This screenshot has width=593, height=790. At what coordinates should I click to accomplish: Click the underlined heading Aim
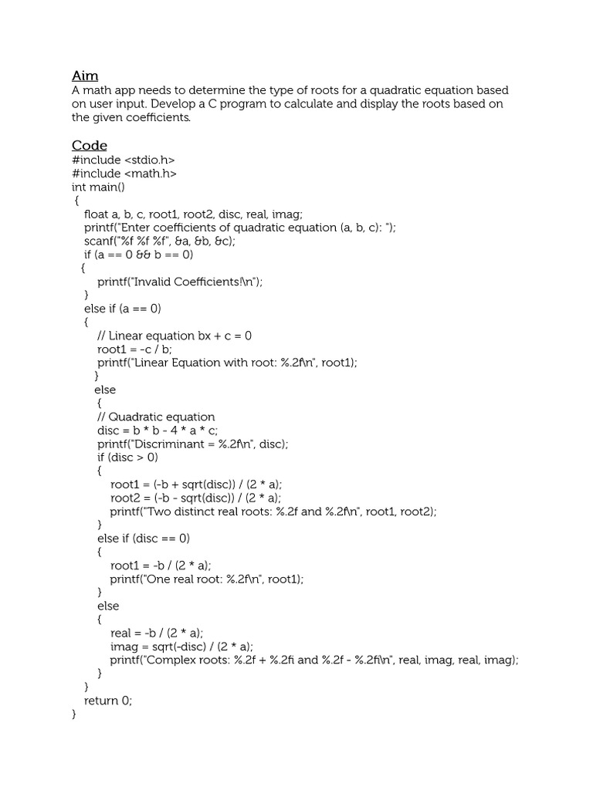coord(85,76)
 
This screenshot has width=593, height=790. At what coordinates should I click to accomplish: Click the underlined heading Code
coord(90,146)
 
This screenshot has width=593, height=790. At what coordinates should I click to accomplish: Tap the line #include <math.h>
coord(124,174)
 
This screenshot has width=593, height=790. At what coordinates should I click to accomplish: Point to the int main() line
coord(98,187)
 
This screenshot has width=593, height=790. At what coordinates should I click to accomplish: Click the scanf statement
coord(160,241)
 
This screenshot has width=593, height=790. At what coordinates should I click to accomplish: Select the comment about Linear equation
coord(175,336)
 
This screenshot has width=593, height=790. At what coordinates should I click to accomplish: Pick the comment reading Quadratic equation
coord(156,417)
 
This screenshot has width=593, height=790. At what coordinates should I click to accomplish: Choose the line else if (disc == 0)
coord(144,538)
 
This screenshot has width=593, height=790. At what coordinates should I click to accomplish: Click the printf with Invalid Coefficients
coord(180,282)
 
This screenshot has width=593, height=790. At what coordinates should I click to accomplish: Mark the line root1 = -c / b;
coord(135,349)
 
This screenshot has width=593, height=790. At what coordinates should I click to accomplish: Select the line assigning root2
coord(197,498)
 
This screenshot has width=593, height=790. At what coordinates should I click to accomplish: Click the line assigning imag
coord(181,647)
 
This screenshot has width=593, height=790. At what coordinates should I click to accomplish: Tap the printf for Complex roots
coord(313,660)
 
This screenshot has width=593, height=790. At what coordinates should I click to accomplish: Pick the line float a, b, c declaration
coord(194,214)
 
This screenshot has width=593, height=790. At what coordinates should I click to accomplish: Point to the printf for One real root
coord(207,579)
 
